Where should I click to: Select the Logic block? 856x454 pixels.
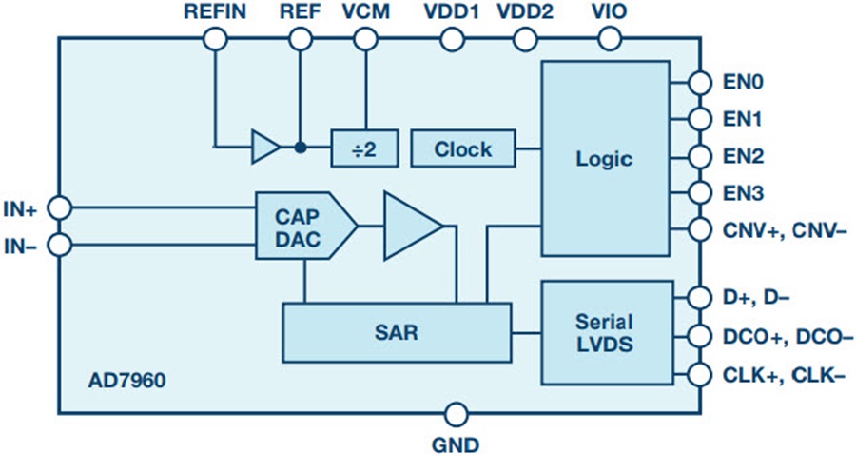603,158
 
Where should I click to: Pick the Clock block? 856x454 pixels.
463,148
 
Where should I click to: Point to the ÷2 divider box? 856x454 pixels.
362,148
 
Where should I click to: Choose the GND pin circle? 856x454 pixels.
457,415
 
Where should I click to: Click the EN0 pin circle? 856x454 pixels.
700,83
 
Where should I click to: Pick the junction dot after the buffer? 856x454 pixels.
300,148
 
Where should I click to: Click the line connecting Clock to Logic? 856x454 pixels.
529,148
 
